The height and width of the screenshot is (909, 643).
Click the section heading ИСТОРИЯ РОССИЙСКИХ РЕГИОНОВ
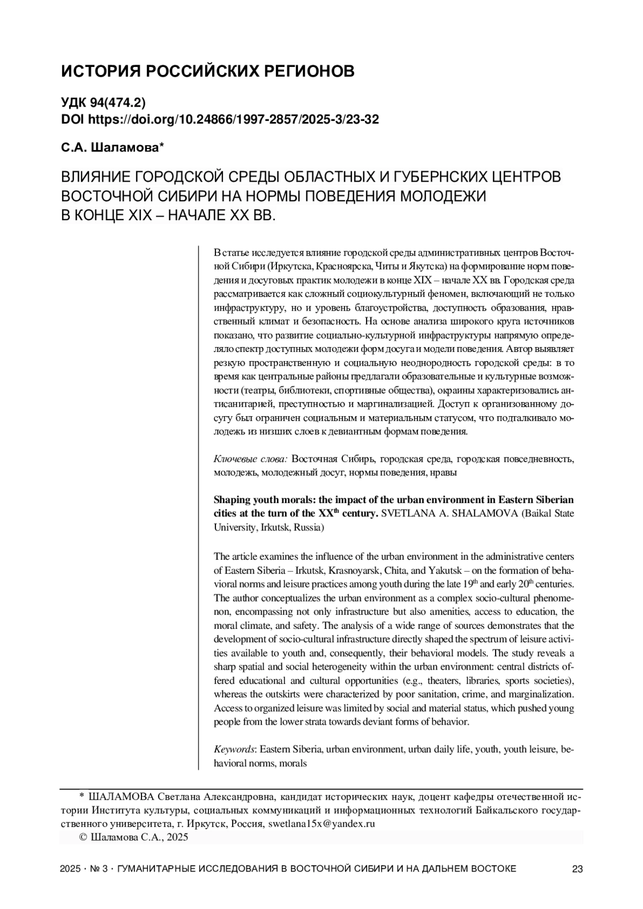click(x=207, y=71)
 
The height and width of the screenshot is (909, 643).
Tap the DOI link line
click(x=220, y=119)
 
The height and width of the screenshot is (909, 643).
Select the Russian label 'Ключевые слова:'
click(x=251, y=459)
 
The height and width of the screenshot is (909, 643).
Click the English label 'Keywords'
click(x=233, y=749)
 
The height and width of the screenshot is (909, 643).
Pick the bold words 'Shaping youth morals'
click(x=261, y=500)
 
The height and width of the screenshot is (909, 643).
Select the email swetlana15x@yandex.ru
click(x=321, y=824)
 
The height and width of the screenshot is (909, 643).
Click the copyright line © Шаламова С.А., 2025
click(x=133, y=838)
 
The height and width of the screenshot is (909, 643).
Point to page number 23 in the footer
click(x=577, y=869)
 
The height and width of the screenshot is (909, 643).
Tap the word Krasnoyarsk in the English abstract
click(x=351, y=569)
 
